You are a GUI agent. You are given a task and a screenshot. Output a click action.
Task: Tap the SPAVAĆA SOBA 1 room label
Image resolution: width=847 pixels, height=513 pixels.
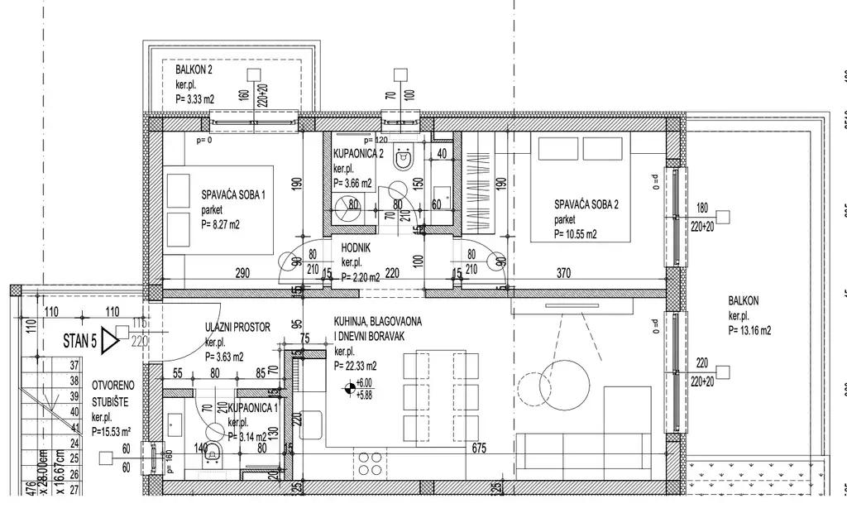coord(233,195)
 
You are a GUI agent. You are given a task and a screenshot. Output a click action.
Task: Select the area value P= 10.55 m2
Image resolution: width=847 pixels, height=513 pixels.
coord(564,234)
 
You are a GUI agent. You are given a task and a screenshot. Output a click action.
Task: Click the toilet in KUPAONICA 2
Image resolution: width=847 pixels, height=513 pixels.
coord(404,158)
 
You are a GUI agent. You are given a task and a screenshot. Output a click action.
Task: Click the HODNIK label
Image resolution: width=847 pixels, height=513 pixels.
coord(356,247)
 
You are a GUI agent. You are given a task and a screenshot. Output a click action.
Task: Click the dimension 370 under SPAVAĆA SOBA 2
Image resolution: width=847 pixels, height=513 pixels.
coord(563,271)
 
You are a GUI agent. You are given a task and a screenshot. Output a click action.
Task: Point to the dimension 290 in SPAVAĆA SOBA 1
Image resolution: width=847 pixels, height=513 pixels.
coord(242,271)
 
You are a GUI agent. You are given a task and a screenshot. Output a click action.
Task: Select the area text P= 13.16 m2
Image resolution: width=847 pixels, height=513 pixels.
coord(749,329)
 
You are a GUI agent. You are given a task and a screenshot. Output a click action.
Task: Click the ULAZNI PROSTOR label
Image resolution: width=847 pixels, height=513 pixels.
coord(237,328)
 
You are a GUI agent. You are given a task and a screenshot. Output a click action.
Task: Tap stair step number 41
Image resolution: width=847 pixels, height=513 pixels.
coord(74,427)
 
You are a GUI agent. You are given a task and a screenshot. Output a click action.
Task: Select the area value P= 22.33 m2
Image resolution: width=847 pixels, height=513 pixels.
coord(355,366)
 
